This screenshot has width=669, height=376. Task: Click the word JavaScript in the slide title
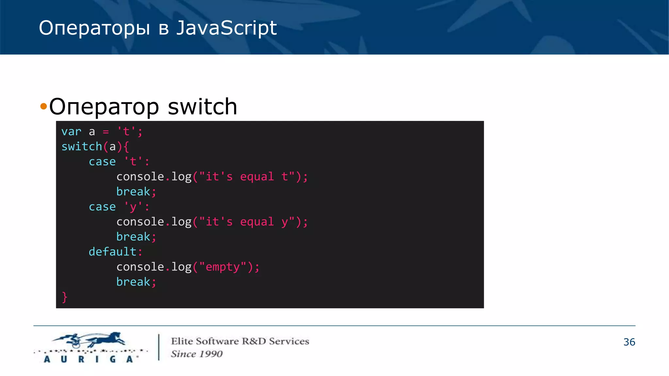[226, 28]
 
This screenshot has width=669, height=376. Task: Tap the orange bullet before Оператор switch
[43, 106]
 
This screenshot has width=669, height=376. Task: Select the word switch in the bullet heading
[202, 107]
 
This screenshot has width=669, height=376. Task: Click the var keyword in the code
[71, 132]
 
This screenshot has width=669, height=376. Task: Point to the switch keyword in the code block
[82, 147]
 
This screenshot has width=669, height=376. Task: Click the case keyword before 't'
[102, 162]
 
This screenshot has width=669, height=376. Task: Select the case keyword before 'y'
[102, 207]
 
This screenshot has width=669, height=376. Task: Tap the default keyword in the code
[112, 252]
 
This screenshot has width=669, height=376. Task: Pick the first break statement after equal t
[133, 192]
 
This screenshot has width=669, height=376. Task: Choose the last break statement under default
[133, 282]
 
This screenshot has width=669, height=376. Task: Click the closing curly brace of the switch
[64, 297]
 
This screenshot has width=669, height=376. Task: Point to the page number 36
[629, 342]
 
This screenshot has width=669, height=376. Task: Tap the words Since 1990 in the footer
[197, 354]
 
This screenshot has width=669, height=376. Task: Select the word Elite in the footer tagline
[182, 341]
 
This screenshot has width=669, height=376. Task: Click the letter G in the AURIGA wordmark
[113, 359]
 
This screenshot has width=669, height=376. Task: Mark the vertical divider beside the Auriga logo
[159, 347]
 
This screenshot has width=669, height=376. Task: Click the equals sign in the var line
[106, 132]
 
